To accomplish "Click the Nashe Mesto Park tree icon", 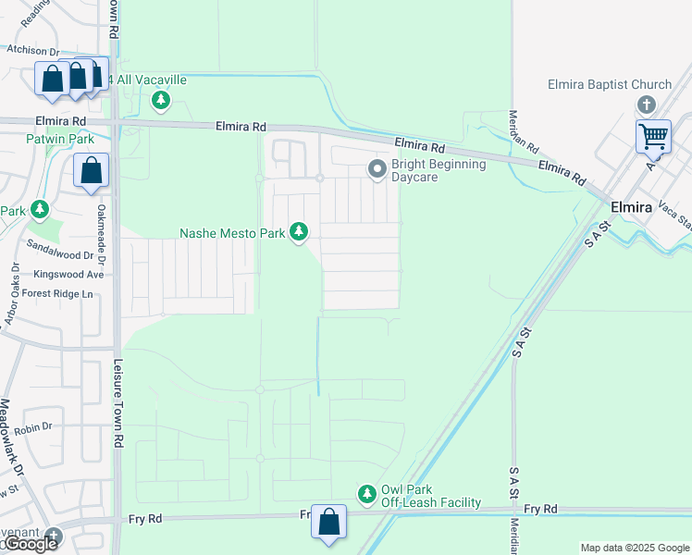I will click(x=298, y=232).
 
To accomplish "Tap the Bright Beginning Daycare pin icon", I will click(x=377, y=169).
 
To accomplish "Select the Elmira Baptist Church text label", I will click(x=610, y=84).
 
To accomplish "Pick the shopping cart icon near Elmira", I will click(x=653, y=136).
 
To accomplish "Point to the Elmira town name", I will click(x=632, y=207).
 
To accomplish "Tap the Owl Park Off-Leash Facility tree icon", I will click(x=367, y=494).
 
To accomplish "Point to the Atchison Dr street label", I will click(x=32, y=53).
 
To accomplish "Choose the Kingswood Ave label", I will click(x=68, y=275).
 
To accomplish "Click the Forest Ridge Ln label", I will click(x=59, y=294).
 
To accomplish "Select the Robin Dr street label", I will click(x=33, y=427).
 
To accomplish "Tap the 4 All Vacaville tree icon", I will click(x=162, y=99).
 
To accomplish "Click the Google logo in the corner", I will click(x=31, y=545).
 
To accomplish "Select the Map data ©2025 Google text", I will click(x=635, y=548).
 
